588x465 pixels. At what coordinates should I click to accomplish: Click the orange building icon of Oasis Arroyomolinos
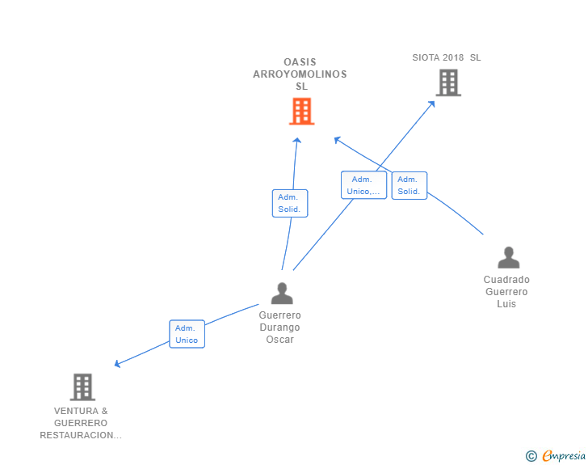302,111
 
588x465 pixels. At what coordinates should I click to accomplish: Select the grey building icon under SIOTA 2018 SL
448,82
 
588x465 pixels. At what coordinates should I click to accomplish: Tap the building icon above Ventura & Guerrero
82,387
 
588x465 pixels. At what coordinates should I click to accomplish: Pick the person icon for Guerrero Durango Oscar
282,294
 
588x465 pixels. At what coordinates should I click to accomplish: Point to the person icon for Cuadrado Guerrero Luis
509,257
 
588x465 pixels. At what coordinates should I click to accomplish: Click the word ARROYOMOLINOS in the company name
300,74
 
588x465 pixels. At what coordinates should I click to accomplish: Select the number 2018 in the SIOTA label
453,57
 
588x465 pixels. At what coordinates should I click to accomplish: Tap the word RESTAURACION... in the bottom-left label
81,435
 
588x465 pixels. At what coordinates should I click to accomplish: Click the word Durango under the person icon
279,328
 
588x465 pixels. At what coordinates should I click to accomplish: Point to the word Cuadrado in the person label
506,280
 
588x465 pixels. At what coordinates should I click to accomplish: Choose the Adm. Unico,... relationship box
363,185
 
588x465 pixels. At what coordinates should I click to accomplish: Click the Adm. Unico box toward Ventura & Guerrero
187,334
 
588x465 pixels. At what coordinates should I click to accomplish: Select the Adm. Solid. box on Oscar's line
290,203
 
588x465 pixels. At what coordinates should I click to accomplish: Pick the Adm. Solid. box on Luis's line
409,185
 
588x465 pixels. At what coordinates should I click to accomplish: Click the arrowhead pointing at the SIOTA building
432,104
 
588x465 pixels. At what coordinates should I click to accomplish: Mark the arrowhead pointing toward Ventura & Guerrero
117,364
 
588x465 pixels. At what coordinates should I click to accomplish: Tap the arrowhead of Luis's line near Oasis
337,140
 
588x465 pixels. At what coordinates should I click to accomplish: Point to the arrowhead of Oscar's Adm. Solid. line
297,141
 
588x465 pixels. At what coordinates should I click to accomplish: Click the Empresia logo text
564,455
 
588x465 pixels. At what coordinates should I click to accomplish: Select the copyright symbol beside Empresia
531,456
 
